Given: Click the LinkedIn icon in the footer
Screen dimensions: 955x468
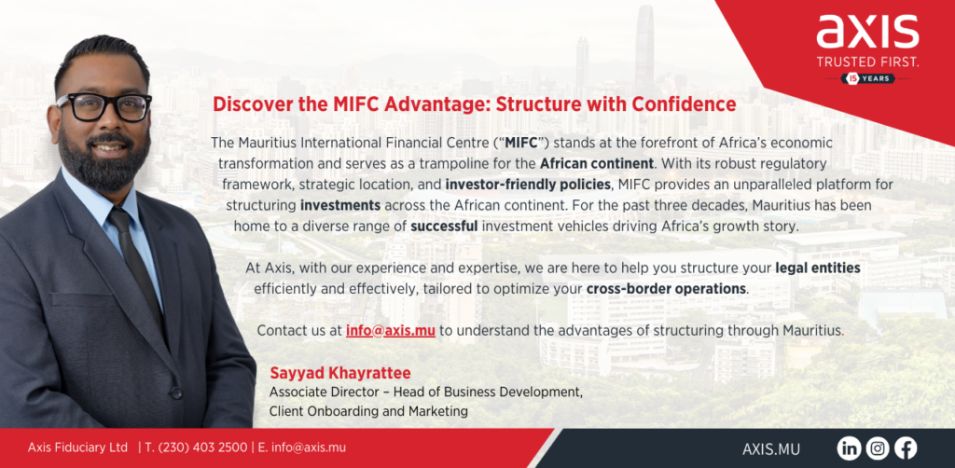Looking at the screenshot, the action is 849,448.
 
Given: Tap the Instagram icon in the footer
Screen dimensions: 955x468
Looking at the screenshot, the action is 877,448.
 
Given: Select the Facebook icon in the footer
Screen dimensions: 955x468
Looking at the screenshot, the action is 906,448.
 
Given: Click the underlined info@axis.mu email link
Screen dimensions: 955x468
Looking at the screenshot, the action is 391,331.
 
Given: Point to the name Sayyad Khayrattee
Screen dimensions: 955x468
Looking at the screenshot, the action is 340,372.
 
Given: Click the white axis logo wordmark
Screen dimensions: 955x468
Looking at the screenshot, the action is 867,32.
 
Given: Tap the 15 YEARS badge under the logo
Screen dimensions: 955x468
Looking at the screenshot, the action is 868,78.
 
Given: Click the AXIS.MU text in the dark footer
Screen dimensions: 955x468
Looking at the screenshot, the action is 771,449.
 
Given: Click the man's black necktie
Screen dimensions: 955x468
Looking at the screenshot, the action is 134,268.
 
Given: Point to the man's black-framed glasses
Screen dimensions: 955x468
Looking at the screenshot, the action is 104,107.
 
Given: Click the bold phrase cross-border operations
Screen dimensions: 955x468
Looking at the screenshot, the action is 666,288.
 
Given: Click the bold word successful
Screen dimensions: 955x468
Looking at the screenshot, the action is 445,227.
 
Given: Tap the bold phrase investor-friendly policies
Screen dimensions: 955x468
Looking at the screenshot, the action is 528,185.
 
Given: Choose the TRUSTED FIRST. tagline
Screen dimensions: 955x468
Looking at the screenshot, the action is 867,62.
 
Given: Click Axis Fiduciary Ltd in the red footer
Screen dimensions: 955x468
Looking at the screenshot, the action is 78,447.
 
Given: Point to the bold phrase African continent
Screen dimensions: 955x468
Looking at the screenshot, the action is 597,164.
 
